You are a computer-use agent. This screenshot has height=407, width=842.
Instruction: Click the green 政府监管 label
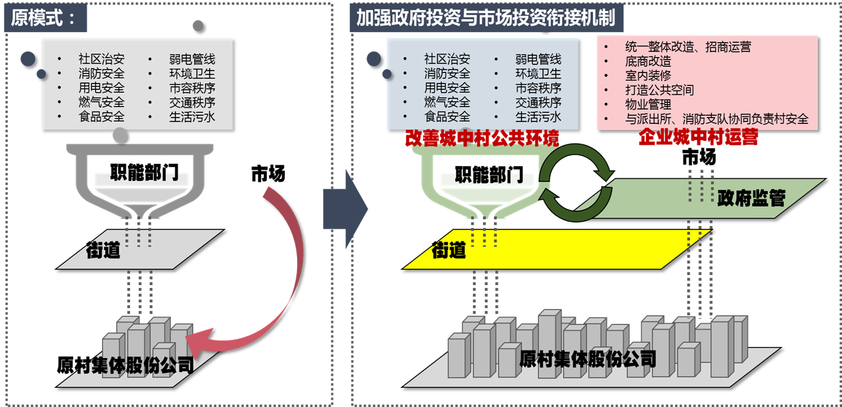pos(751,198)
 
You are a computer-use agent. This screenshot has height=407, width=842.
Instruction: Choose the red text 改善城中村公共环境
pos(482,138)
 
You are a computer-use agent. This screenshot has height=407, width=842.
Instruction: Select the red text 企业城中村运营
pos(698,138)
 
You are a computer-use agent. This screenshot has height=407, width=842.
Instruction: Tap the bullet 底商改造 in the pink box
pos(648,61)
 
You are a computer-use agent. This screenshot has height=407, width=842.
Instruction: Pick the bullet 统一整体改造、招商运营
pos(688,46)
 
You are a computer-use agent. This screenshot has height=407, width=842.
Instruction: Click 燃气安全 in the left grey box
pos(102,102)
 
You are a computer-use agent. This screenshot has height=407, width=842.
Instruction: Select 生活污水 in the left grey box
pos(192,116)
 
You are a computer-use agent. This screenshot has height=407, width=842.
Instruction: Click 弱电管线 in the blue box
pos(538,59)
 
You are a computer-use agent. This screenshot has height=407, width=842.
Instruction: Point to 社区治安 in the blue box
pos(447,59)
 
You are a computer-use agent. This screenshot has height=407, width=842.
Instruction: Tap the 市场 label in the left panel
pos(268,174)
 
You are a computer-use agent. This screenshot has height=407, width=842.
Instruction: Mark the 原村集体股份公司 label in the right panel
pos(588,359)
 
